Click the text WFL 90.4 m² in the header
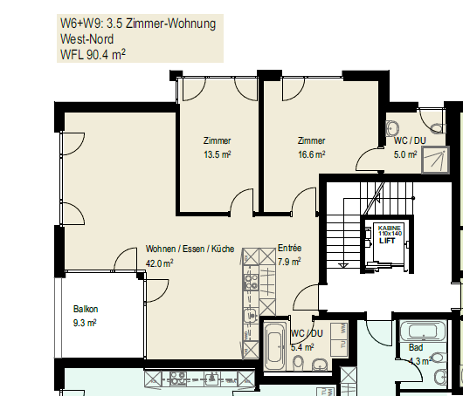pyautogui.click(x=93, y=54)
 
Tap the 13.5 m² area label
pyautogui.click(x=218, y=154)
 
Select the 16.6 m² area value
pyautogui.click(x=312, y=154)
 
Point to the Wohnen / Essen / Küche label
pyautogui.click(x=190, y=249)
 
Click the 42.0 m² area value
pyautogui.click(x=160, y=263)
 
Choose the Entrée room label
pyautogui.click(x=290, y=248)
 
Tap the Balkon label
pyautogui.click(x=86, y=309)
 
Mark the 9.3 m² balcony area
pyautogui.click(x=85, y=323)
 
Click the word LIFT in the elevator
pyautogui.click(x=387, y=241)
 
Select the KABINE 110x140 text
pyautogui.click(x=390, y=230)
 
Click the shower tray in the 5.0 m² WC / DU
pyautogui.click(x=436, y=160)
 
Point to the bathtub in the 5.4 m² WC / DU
pyautogui.click(x=275, y=346)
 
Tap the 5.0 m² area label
pyautogui.click(x=405, y=154)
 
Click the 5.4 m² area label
pyautogui.click(x=302, y=347)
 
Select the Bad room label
pyautogui.click(x=416, y=348)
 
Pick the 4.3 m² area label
pyautogui.click(x=420, y=360)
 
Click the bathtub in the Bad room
pyautogui.click(x=423, y=331)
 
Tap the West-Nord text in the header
pyautogui.click(x=86, y=39)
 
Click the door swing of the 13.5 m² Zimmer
pyautogui.click(x=238, y=196)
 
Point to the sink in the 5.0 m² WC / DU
pyautogui.click(x=392, y=128)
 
